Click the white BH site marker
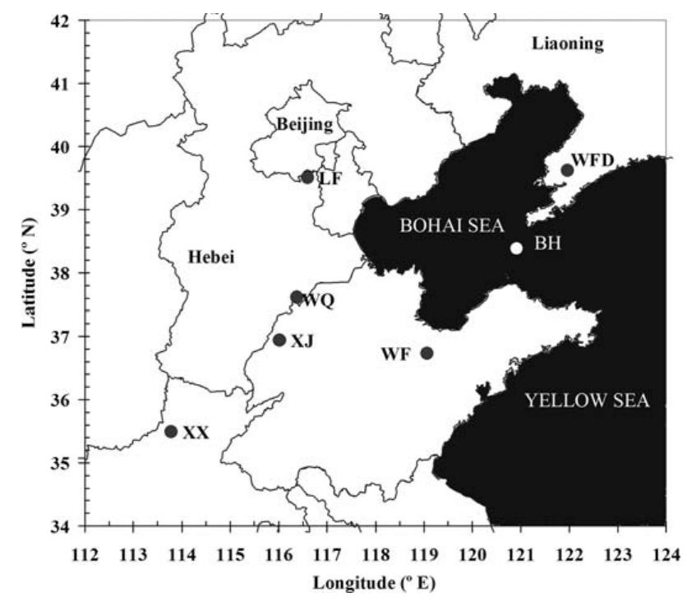point(516,248)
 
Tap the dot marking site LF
point(307,177)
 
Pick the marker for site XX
point(171,432)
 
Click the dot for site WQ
point(297,297)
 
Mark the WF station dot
point(426,354)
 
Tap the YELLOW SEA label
point(588,401)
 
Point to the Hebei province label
point(212,258)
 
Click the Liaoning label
point(567,44)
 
